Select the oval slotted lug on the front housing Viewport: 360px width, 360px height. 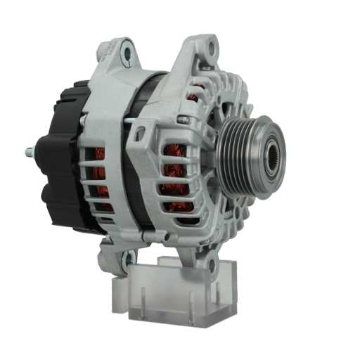[x=141, y=131]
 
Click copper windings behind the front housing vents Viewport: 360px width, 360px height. [x=172, y=172]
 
